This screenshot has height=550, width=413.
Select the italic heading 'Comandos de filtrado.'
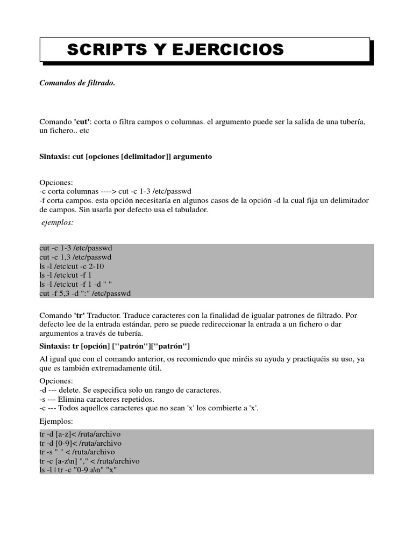(77, 83)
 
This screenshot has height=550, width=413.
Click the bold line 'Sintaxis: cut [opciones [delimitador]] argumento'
(126, 156)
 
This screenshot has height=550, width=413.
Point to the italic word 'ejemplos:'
(58, 222)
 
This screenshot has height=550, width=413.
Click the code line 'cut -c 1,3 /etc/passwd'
(75, 257)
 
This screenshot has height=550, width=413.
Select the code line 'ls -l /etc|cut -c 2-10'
(72, 266)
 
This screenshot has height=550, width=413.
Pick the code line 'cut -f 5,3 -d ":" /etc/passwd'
(86, 293)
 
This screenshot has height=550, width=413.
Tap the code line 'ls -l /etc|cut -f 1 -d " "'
(76, 284)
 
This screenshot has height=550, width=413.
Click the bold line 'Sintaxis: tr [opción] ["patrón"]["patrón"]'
(115, 345)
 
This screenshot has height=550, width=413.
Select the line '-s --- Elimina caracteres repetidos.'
(97, 399)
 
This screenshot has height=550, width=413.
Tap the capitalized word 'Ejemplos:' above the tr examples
(56, 422)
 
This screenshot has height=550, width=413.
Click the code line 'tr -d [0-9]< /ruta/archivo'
(81, 443)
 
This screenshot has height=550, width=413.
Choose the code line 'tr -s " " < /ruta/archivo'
(77, 452)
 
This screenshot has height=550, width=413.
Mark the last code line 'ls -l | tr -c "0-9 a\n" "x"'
(79, 469)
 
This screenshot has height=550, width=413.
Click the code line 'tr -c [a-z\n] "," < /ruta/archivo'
(90, 461)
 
